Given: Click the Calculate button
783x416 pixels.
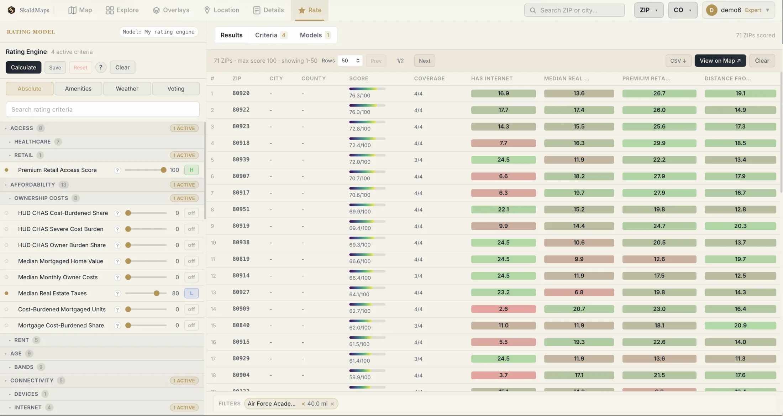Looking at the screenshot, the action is click(23, 67).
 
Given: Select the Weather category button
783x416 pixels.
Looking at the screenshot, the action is click(127, 88).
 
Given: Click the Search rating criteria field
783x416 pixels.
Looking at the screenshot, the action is click(103, 109).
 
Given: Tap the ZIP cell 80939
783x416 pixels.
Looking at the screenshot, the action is click(241, 160).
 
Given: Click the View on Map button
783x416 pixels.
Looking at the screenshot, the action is click(720, 61).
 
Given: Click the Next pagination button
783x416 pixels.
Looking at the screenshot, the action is click(424, 61).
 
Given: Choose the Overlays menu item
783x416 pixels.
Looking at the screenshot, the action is click(171, 10).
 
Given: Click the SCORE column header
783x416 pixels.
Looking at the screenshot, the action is click(359, 78).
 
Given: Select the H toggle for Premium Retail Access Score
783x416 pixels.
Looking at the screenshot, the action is click(191, 170).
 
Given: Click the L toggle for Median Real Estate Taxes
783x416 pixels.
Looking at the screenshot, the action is click(191, 293).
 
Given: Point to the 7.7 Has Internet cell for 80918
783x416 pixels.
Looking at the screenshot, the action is click(503, 143).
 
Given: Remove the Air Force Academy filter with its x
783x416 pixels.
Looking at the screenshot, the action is click(332, 404).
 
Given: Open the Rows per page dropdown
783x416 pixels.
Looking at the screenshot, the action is click(350, 61).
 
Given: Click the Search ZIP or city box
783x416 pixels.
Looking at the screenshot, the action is click(574, 10).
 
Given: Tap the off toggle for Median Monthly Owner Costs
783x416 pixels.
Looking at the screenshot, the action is click(191, 277).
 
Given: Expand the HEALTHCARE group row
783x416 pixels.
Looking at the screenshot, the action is click(32, 142).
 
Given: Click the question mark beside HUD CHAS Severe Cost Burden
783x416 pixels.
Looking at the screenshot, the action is click(117, 229).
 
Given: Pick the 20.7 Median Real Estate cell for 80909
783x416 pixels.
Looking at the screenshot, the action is click(579, 309).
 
